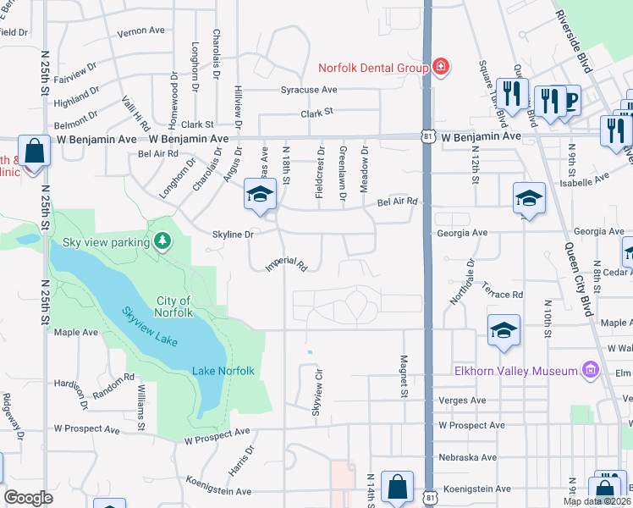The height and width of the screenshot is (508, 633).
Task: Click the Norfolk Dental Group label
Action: coord(371,68)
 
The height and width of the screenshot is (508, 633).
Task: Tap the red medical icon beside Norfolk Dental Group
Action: coord(440,67)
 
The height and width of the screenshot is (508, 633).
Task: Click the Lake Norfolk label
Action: coord(223,371)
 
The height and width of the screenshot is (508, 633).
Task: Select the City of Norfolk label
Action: coord(174,306)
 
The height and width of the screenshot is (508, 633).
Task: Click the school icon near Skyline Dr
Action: coord(260,195)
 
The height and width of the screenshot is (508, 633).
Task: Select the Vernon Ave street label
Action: coord(140,31)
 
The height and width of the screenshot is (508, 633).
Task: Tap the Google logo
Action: coord(29,498)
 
